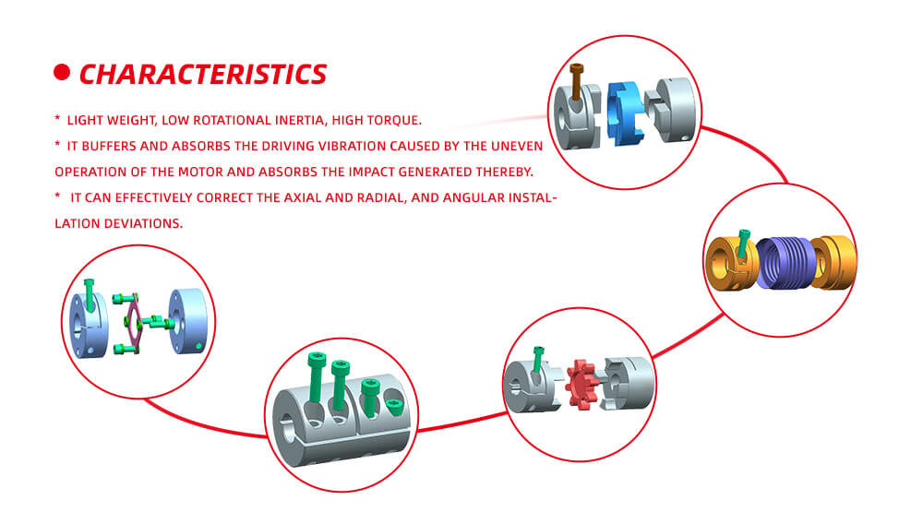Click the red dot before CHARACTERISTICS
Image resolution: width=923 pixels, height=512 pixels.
tap(62, 72)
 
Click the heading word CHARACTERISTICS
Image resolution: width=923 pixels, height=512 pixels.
tap(202, 74)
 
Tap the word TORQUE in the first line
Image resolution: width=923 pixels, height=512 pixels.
tap(392, 120)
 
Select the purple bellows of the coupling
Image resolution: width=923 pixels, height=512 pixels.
tap(785, 263)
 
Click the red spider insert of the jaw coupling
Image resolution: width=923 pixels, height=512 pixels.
tap(582, 385)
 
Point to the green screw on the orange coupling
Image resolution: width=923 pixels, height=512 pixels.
tap(743, 243)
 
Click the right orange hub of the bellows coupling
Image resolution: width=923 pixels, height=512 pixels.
tap(833, 263)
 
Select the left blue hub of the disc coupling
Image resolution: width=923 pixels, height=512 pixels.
tap(89, 325)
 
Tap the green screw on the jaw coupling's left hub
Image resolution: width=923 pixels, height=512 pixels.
tap(537, 360)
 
